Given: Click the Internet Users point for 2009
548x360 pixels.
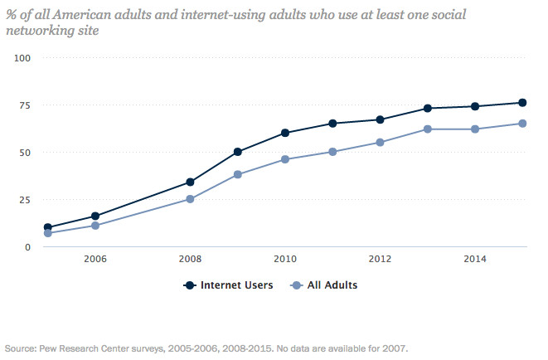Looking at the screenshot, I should click(238, 152).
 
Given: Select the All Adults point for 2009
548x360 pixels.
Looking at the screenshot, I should click(238, 175).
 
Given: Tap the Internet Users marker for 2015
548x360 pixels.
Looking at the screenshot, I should click(522, 103).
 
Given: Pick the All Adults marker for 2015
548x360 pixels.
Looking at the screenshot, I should click(522, 124).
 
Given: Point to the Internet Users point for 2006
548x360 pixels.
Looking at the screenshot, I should click(95, 216).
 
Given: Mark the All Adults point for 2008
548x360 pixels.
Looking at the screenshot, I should click(190, 199).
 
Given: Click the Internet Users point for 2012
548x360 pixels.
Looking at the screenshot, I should click(380, 119).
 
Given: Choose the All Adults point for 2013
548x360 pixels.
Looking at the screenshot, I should click(428, 129).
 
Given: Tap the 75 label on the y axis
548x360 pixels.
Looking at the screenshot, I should click(25, 105).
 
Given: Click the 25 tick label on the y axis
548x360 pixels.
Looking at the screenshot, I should click(25, 200).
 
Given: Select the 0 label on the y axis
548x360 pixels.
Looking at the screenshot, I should click(27, 247).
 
